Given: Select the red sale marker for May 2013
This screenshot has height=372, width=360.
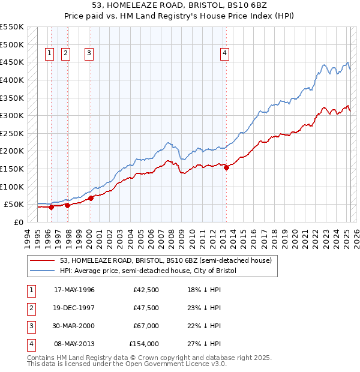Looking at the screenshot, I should (226, 168).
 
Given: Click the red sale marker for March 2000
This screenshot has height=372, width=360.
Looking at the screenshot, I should (91, 198).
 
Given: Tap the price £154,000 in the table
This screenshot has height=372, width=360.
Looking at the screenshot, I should (144, 344).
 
